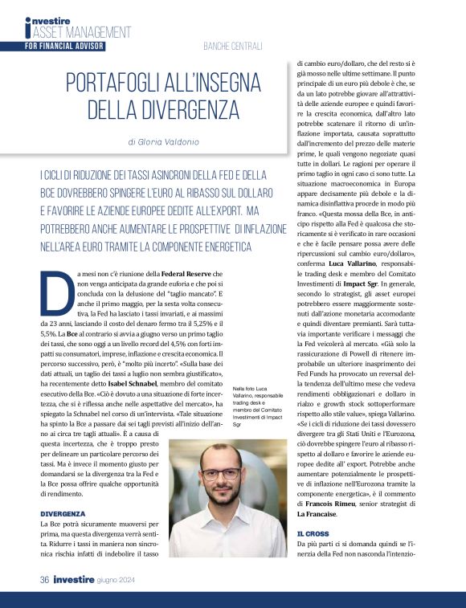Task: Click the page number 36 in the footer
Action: (46, 578)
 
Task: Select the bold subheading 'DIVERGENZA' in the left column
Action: (63, 512)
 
